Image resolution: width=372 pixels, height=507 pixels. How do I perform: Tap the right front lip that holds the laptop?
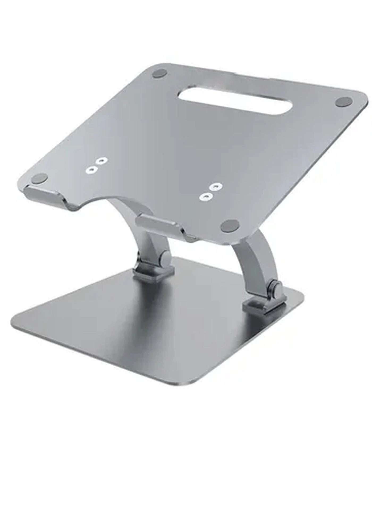click(x=159, y=224)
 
